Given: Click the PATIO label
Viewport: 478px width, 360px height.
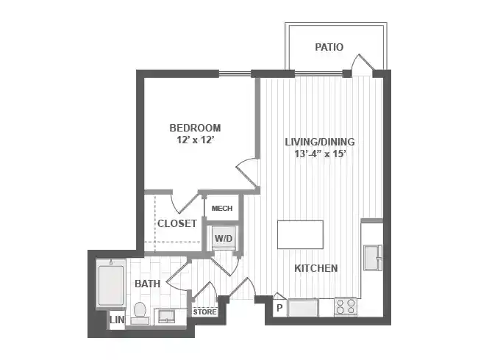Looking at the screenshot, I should click(329, 47).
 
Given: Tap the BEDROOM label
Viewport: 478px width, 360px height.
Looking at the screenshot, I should click(195, 127).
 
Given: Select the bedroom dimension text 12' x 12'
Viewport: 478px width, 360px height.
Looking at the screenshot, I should click(195, 139).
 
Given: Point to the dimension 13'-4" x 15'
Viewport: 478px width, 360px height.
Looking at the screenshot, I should click(320, 154).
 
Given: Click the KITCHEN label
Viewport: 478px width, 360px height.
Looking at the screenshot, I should click(316, 268).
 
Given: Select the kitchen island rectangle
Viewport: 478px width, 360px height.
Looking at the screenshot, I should click(300, 235).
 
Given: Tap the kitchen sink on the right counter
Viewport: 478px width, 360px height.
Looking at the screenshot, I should click(371, 259).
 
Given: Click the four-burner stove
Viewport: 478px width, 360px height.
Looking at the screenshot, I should click(346, 307).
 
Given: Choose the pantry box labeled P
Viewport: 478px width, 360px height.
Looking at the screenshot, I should click(279, 307).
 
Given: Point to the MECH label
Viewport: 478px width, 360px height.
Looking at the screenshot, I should click(221, 209).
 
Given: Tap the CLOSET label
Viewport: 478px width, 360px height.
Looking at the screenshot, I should click(176, 223).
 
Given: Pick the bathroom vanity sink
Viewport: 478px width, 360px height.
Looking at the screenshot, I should click(168, 317).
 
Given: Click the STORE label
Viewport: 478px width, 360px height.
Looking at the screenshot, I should click(205, 312).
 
